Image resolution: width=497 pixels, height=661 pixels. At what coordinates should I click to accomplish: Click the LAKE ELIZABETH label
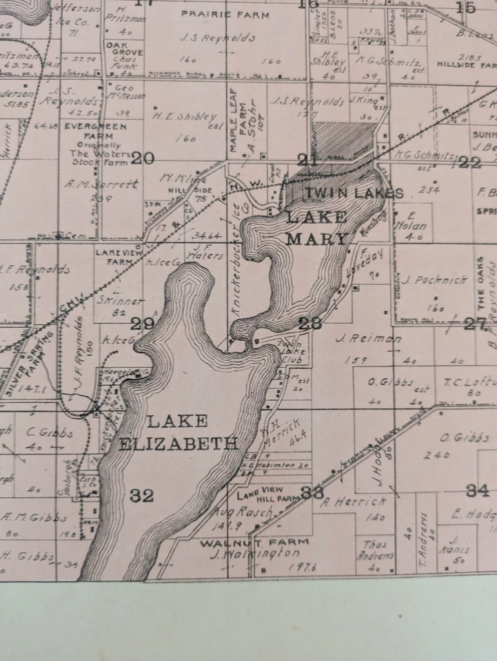[x=178, y=432]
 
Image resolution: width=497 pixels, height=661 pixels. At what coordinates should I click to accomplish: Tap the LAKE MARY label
[x=316, y=228]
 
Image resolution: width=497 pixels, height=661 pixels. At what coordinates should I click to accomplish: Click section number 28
[x=310, y=324]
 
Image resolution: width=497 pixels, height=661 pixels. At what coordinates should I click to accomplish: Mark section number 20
[x=142, y=158]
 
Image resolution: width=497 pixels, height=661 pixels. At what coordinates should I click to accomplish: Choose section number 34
[x=477, y=490]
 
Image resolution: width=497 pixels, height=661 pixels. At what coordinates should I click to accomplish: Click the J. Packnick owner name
[x=426, y=280]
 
